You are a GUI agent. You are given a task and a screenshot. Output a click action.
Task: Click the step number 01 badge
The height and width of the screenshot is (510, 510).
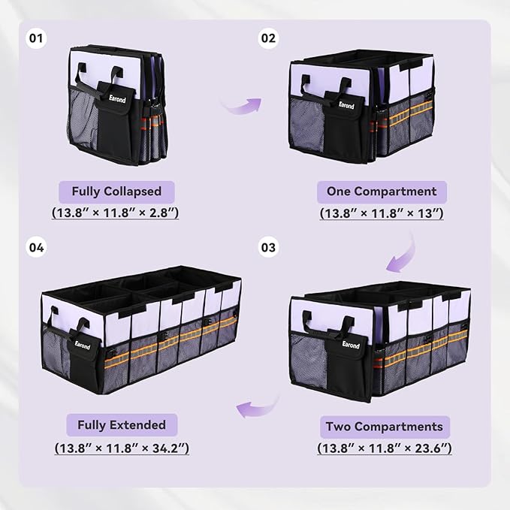[36, 38]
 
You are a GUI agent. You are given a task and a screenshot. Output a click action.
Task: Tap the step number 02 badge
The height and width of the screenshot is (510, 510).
[268, 38]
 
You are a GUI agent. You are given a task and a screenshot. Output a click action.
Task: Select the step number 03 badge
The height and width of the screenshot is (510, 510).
[268, 248]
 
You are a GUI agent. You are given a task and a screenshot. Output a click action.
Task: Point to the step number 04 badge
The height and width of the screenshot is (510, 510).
[36, 248]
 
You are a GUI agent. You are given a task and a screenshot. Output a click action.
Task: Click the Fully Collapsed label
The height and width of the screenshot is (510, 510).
[116, 192]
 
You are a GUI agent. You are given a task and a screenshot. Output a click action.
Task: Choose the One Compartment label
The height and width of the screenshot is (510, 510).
[382, 192]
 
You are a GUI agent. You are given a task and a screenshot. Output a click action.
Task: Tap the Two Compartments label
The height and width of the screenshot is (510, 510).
[385, 427]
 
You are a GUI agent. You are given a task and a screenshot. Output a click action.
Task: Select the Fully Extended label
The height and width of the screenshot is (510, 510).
[122, 425]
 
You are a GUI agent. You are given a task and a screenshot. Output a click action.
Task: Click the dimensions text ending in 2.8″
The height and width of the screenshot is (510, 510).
[115, 213]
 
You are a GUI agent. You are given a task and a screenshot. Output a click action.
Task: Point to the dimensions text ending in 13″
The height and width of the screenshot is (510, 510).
[382, 213]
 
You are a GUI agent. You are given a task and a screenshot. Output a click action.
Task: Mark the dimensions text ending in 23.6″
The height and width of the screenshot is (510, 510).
[385, 448]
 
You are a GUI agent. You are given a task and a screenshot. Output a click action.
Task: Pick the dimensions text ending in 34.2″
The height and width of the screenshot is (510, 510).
[122, 448]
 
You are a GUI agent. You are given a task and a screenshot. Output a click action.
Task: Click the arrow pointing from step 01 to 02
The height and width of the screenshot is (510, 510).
[242, 106]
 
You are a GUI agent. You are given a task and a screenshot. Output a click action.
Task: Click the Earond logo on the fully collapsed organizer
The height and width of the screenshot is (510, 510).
[117, 98]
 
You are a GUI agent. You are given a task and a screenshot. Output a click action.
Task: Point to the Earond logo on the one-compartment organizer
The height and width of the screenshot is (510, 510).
[346, 105]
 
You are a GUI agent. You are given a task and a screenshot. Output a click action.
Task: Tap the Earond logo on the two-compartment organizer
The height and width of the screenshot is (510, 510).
[351, 344]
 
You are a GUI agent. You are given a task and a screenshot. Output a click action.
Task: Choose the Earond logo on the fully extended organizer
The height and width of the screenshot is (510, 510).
[82, 345]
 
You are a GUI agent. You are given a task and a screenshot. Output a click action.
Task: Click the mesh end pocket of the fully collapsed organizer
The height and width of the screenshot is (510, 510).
[83, 119]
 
